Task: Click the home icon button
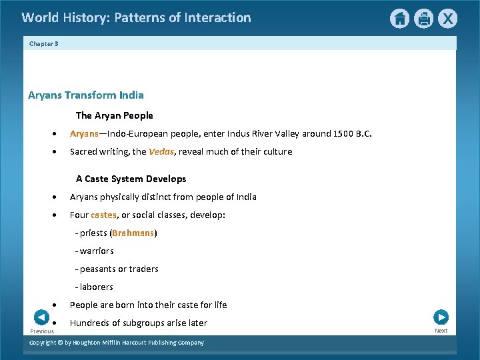tap(399, 19)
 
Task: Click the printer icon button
tap(424, 19)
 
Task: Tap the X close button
tap(448, 19)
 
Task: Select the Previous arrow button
tap(41, 318)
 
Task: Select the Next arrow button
tap(441, 317)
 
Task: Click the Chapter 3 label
tap(44, 44)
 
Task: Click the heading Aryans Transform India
tap(86, 95)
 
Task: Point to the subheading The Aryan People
tap(114, 116)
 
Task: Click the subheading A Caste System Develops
tap(131, 179)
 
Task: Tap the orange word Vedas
tap(161, 152)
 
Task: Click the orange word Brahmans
tap(133, 233)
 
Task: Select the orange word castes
tap(103, 215)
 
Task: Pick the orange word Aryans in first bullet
tap(85, 134)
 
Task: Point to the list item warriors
tap(97, 251)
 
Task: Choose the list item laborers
tap(97, 287)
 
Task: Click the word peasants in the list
tap(99, 269)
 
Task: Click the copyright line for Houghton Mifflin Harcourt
tap(117, 343)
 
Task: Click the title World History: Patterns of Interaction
tap(136, 18)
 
